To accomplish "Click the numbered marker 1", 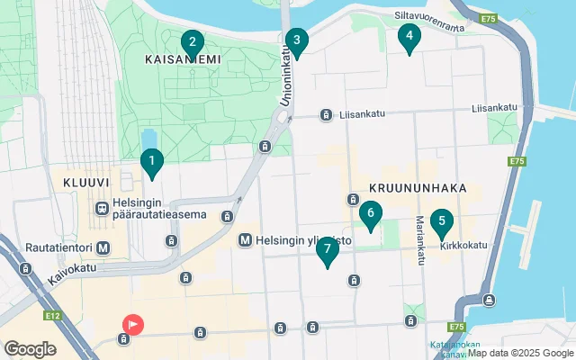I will pos(152,163).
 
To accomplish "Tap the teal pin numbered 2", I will pos(191,42).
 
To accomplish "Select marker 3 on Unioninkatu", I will pos(295,40).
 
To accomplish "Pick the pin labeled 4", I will pos(409,36).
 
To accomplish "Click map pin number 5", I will pos(440,220).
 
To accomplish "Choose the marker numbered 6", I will pos(369,214).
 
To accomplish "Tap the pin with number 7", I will pos(328,248).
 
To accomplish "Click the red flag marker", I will pos(132,323).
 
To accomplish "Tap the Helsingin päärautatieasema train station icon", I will pos(103,208).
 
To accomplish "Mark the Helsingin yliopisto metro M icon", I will pos(245,241).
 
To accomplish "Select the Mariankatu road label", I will pos(419,240).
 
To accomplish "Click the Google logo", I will pos(30,348).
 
